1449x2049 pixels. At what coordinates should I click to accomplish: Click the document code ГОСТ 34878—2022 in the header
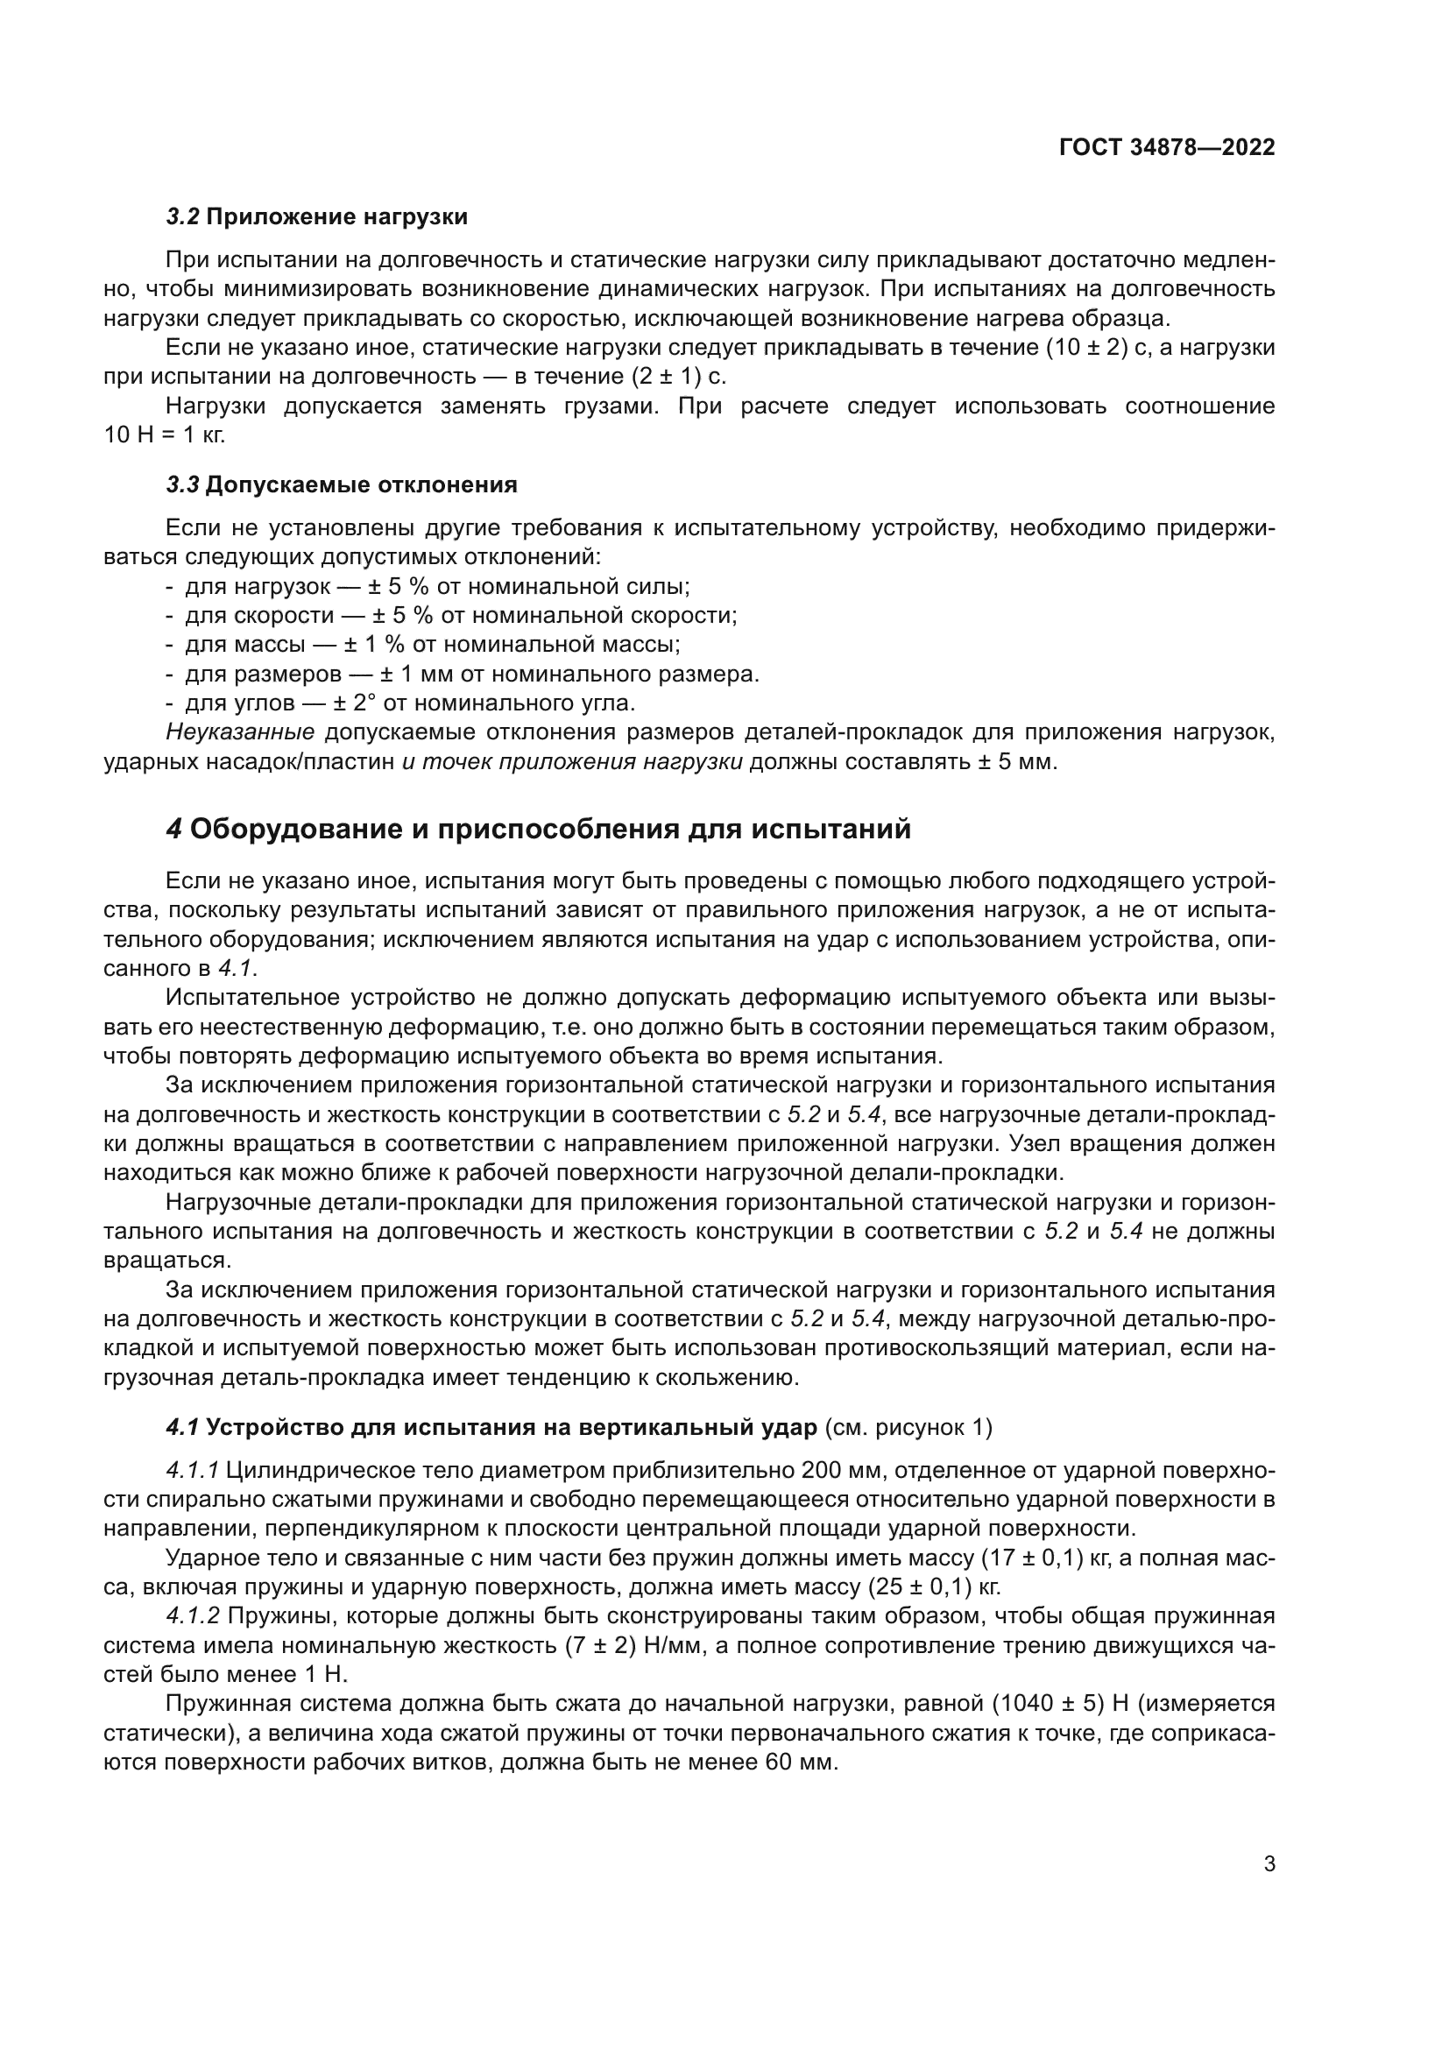1166,147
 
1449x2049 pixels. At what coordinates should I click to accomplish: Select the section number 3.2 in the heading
183,217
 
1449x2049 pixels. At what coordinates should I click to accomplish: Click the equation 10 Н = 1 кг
164,435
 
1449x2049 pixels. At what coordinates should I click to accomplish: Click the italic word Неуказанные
240,732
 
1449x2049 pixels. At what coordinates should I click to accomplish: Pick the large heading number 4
174,829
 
